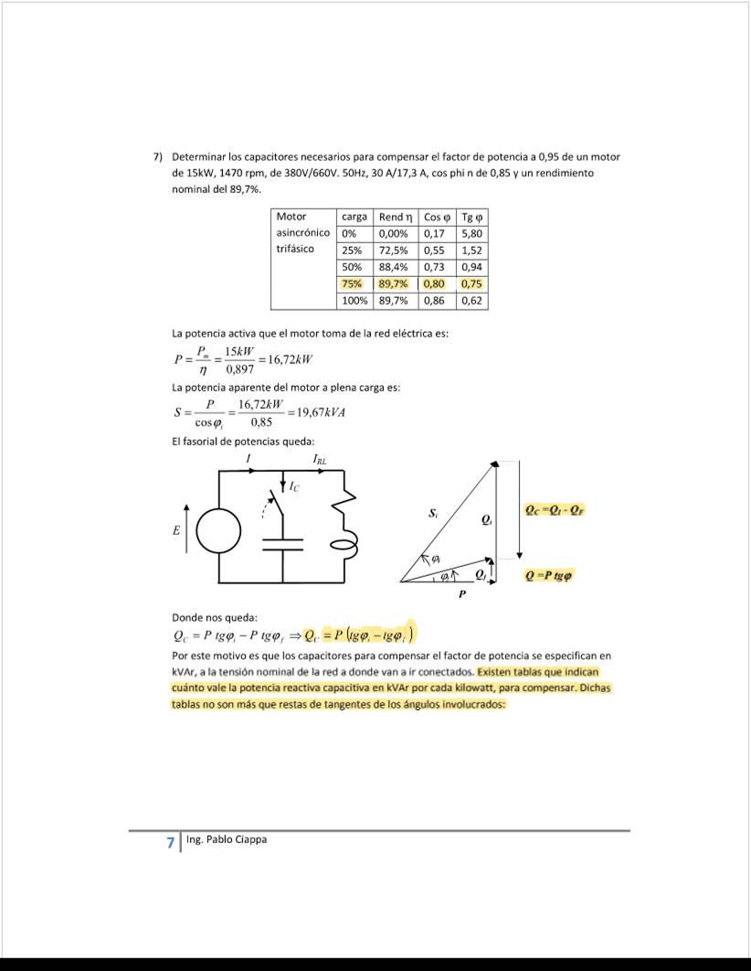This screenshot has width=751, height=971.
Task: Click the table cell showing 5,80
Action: point(471,233)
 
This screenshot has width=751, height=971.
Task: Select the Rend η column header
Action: point(397,217)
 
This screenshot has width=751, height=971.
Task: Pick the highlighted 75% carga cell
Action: point(353,283)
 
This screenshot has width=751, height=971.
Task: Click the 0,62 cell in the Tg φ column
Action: point(471,300)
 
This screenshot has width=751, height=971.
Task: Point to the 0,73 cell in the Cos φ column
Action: point(434,266)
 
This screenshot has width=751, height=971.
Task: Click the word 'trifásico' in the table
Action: point(295,249)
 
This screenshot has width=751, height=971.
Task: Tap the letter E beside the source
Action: point(175,530)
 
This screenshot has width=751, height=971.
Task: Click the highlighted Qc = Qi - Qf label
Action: point(551,510)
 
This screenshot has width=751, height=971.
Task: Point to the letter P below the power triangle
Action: point(462,594)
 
